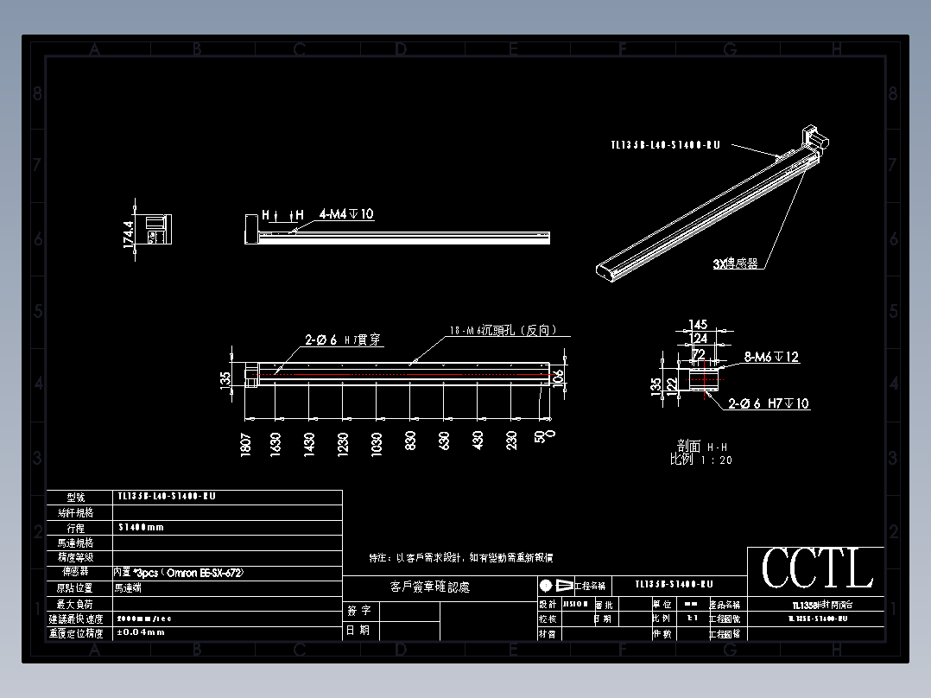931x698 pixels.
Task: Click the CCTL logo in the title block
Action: pyautogui.click(x=816, y=569)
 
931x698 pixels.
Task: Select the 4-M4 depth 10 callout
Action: pyautogui.click(x=346, y=213)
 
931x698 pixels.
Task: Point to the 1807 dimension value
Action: pyautogui.click(x=246, y=445)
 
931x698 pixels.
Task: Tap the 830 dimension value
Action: pyautogui.click(x=411, y=441)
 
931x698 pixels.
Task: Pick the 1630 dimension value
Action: pyautogui.click(x=275, y=445)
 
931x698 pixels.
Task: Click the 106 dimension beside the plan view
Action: pyautogui.click(x=559, y=376)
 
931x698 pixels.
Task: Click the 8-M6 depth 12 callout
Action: pyautogui.click(x=770, y=357)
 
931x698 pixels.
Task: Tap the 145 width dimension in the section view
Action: pyautogui.click(x=698, y=325)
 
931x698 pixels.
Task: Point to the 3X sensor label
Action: pyautogui.click(x=735, y=264)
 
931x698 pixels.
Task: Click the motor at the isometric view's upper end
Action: pyautogui.click(x=814, y=136)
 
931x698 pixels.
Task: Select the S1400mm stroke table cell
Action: pyautogui.click(x=141, y=527)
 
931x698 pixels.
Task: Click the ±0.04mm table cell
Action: pyautogui.click(x=140, y=632)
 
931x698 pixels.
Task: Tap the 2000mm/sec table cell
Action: pyautogui.click(x=145, y=618)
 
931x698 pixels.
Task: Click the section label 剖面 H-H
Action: pyautogui.click(x=701, y=447)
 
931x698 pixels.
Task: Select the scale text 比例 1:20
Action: pyautogui.click(x=701, y=460)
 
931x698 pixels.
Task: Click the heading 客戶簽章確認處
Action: pyautogui.click(x=429, y=587)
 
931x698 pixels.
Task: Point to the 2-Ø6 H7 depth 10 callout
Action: pyautogui.click(x=769, y=403)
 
